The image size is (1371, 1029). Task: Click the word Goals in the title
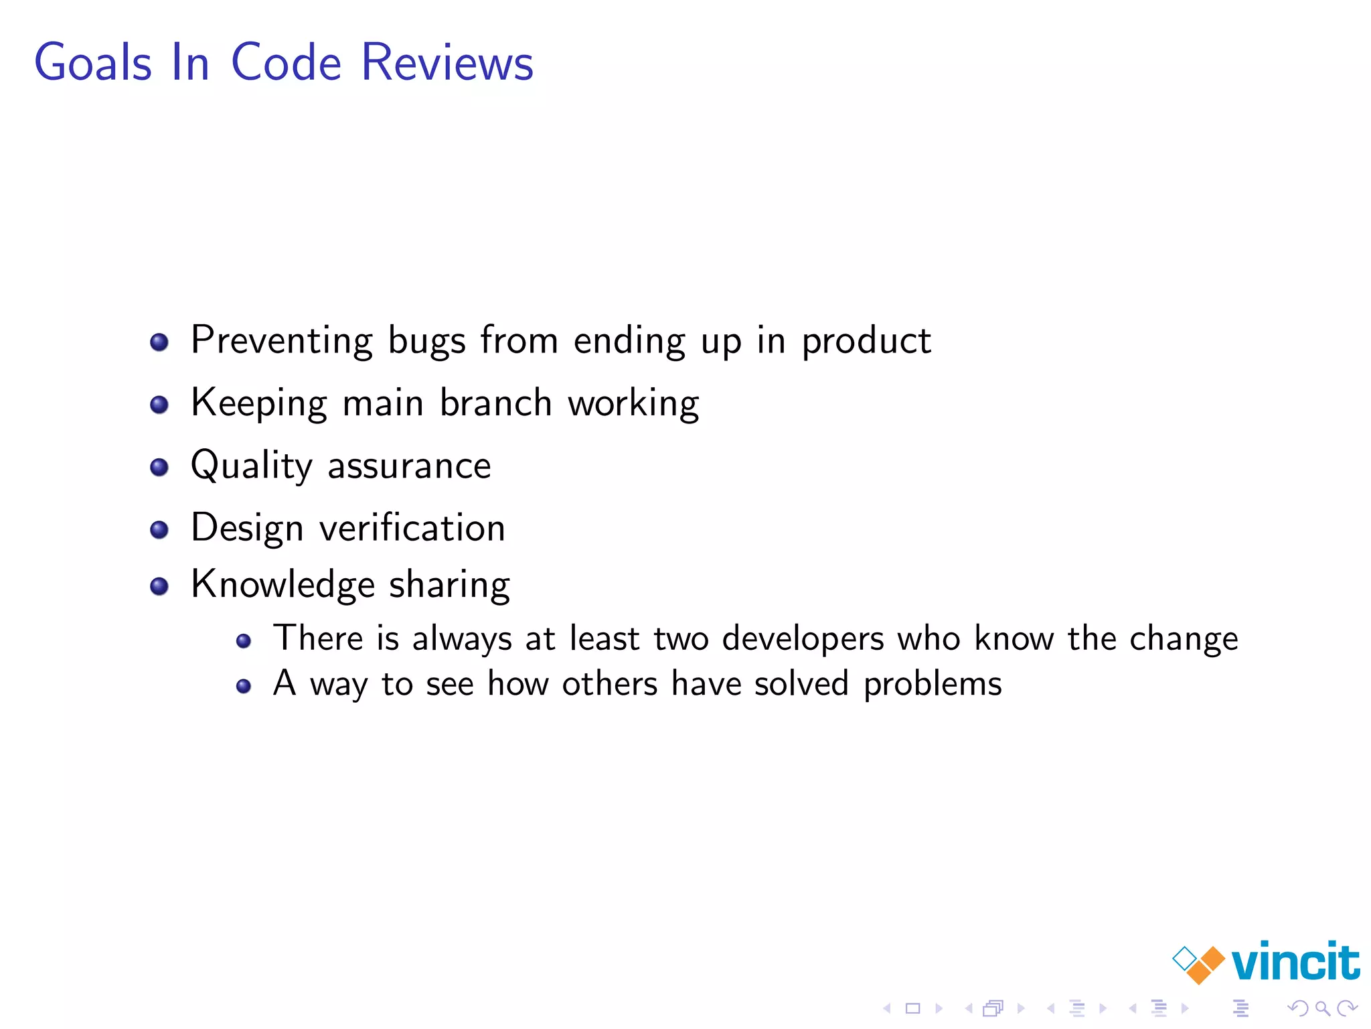click(x=93, y=62)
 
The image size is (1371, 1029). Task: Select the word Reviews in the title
click(x=447, y=62)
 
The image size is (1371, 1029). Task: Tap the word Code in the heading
click(x=286, y=62)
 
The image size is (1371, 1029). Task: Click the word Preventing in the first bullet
click(x=282, y=340)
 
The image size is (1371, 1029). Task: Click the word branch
click(x=495, y=403)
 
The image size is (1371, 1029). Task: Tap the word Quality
click(x=251, y=466)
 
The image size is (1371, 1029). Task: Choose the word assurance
click(x=409, y=466)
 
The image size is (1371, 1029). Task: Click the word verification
click(x=412, y=527)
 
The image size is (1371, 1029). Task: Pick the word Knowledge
click(x=283, y=584)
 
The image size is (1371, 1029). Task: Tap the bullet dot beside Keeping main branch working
click(x=159, y=405)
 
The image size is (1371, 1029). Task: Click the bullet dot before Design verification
click(x=159, y=530)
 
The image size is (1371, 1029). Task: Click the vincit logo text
click(x=1295, y=961)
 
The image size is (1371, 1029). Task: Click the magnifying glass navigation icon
click(x=1322, y=1008)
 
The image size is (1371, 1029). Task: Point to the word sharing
click(x=449, y=585)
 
